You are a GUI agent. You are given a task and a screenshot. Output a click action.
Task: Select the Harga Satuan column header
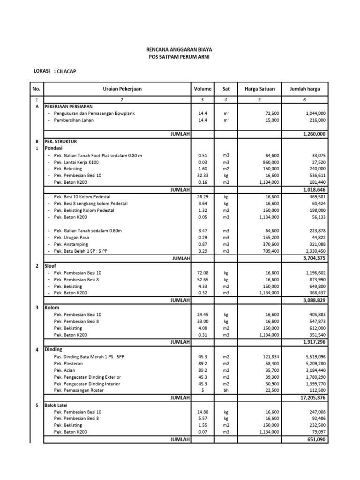point(260,89)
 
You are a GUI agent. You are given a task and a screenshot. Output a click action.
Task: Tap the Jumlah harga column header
point(305,89)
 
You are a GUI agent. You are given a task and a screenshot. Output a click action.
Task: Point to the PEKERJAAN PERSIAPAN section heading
point(69,107)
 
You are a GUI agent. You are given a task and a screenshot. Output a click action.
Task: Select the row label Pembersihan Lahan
point(74,120)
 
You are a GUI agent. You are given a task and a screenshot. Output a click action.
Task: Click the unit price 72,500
point(272,113)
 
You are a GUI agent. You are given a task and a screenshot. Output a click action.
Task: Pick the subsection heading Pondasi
point(53,147)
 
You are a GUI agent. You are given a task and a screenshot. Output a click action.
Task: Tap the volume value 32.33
point(202,175)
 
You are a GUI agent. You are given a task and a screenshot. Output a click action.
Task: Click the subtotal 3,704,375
point(313,258)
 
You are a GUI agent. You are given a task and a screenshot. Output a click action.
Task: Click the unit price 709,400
point(270,251)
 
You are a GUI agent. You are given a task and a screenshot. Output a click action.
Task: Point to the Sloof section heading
point(50,265)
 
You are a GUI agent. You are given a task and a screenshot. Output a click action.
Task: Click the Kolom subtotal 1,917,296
point(313,342)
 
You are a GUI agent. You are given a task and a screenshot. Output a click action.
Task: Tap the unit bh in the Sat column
point(225,390)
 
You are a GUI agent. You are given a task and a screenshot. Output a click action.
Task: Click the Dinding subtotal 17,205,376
point(311,397)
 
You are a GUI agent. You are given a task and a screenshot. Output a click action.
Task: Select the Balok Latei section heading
point(57,405)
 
